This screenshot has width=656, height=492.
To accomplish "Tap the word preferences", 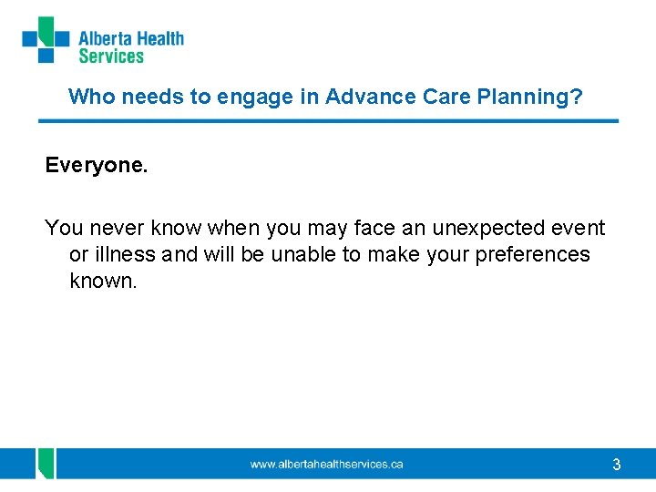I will point(532,254).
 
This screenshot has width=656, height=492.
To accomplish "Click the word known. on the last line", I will point(103,281).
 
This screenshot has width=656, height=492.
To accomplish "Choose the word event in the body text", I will point(579,228).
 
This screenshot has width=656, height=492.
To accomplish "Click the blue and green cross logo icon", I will point(46,40).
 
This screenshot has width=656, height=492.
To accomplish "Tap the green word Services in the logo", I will point(111,56).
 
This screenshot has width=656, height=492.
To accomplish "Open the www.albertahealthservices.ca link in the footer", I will point(326,465).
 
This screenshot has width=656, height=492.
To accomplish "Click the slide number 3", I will point(617,466).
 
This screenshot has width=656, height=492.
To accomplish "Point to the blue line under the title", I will point(328,120).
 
